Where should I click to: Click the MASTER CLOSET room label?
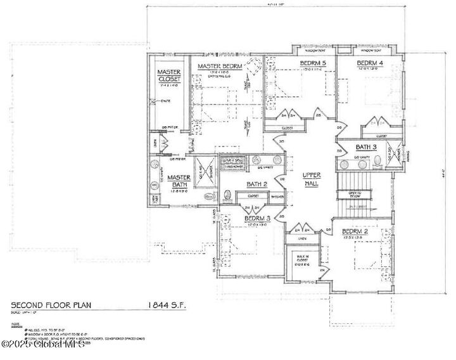(168, 75)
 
